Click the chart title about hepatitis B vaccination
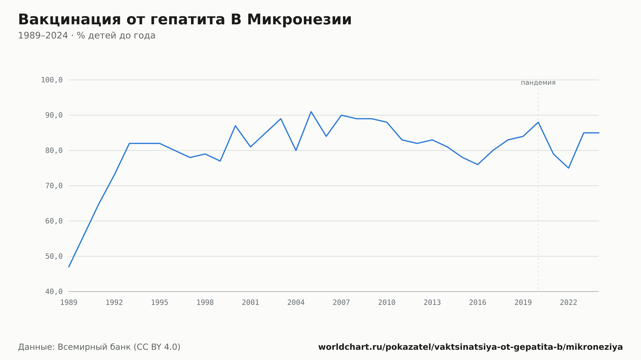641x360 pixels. pyautogui.click(x=185, y=20)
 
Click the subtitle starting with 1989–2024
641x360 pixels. pyautogui.click(x=87, y=36)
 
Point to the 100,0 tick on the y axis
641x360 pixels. pyautogui.click(x=52, y=80)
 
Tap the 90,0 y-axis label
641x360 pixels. pyautogui.click(x=54, y=115)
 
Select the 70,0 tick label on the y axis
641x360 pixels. pyautogui.click(x=54, y=186)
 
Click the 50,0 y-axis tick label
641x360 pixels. pyautogui.click(x=54, y=256)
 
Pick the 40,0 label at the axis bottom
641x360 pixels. pyautogui.click(x=54, y=291)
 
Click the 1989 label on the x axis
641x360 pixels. pyautogui.click(x=69, y=303)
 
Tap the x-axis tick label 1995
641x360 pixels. pyautogui.click(x=160, y=303)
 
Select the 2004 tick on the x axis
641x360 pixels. pyautogui.click(x=296, y=303)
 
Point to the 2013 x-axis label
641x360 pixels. pyautogui.click(x=432, y=303)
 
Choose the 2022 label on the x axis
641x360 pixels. pyautogui.click(x=569, y=303)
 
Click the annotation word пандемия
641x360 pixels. pyautogui.click(x=538, y=83)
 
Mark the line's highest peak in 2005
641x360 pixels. pyautogui.click(x=311, y=112)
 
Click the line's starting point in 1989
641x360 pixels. pyautogui.click(x=69, y=267)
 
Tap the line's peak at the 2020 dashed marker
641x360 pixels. pyautogui.click(x=538, y=122)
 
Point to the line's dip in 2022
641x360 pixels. pyautogui.click(x=569, y=168)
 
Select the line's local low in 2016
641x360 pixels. pyautogui.click(x=478, y=165)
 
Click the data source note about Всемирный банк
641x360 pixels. pyautogui.click(x=99, y=347)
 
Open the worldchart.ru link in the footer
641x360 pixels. pyautogui.click(x=470, y=347)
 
